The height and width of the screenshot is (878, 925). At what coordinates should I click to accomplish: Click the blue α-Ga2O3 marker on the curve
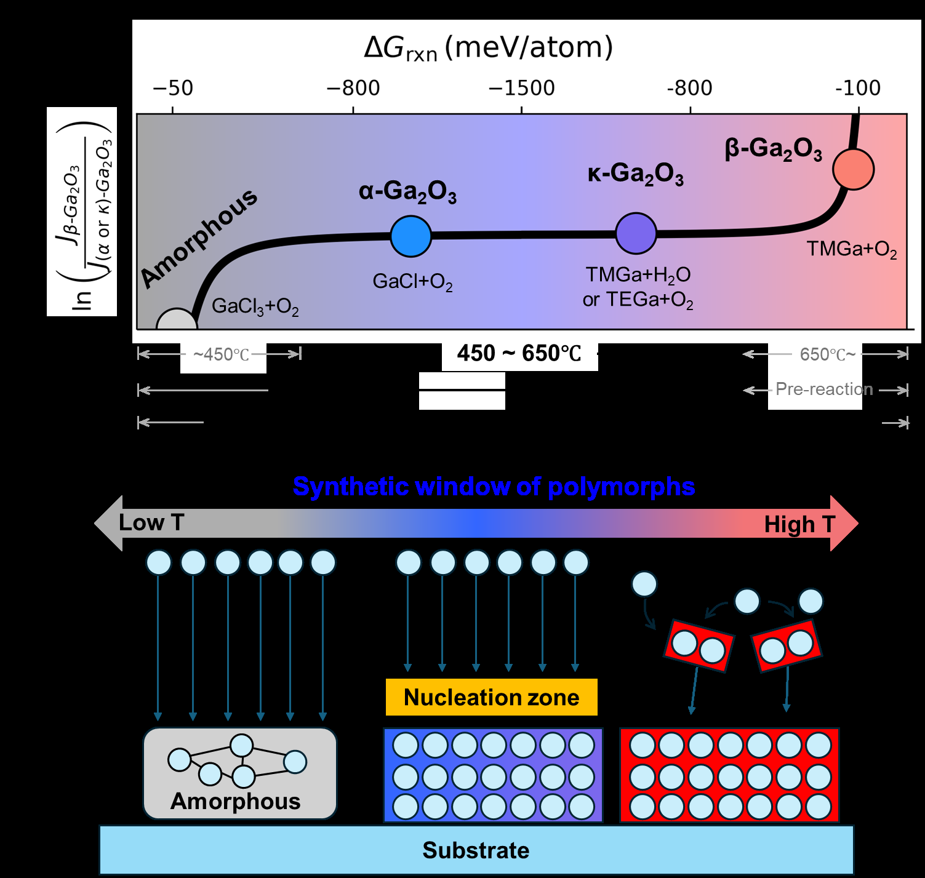click(x=410, y=236)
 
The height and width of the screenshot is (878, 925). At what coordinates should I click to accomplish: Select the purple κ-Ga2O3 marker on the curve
click(x=636, y=233)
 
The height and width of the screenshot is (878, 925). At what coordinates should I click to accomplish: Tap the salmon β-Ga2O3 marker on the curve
click(x=853, y=169)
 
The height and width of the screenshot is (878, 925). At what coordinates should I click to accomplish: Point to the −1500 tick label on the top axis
click(x=521, y=88)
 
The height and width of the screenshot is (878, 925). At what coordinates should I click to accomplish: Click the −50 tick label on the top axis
click(x=173, y=88)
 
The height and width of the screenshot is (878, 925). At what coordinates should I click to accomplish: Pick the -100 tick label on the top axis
click(x=858, y=88)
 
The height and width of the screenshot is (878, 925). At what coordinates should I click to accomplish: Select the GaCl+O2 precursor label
click(x=412, y=282)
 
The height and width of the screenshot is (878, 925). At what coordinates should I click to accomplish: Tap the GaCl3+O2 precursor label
click(x=255, y=306)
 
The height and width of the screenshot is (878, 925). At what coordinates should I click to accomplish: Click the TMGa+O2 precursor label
click(x=851, y=249)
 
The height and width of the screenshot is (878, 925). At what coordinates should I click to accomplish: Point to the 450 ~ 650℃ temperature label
click(x=519, y=354)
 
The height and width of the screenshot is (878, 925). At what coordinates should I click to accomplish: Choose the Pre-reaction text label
click(x=824, y=389)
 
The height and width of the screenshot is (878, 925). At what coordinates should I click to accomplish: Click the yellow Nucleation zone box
click(x=491, y=697)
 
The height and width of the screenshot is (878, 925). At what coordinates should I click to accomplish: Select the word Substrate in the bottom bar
click(x=476, y=850)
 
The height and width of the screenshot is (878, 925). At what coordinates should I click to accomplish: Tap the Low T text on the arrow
click(x=151, y=522)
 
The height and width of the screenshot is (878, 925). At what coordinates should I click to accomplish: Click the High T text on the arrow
click(x=799, y=524)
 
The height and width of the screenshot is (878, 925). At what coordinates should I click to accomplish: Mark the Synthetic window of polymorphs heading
click(x=494, y=487)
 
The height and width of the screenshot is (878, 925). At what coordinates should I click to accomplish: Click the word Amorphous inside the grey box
click(x=236, y=801)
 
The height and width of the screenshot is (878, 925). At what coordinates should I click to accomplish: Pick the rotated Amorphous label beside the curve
click(x=199, y=237)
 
